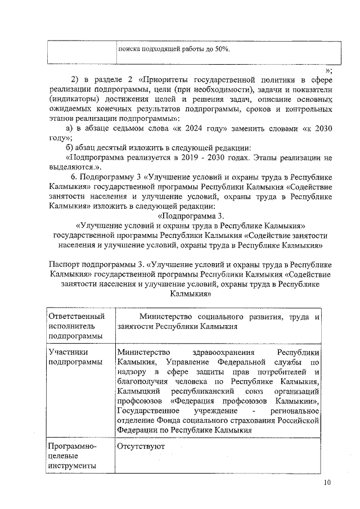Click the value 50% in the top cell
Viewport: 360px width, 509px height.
220,49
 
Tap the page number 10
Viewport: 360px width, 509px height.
328,483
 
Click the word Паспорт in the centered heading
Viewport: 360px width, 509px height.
66,265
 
